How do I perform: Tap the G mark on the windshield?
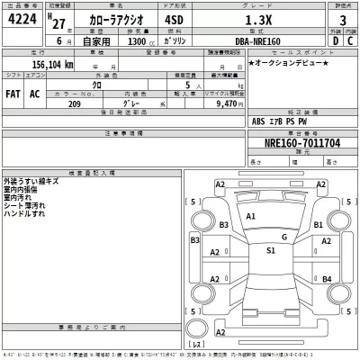pyautogui.click(x=283, y=237)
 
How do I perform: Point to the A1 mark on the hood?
pyautogui.click(x=251, y=217)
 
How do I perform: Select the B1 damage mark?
pyautogui.click(x=317, y=224)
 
